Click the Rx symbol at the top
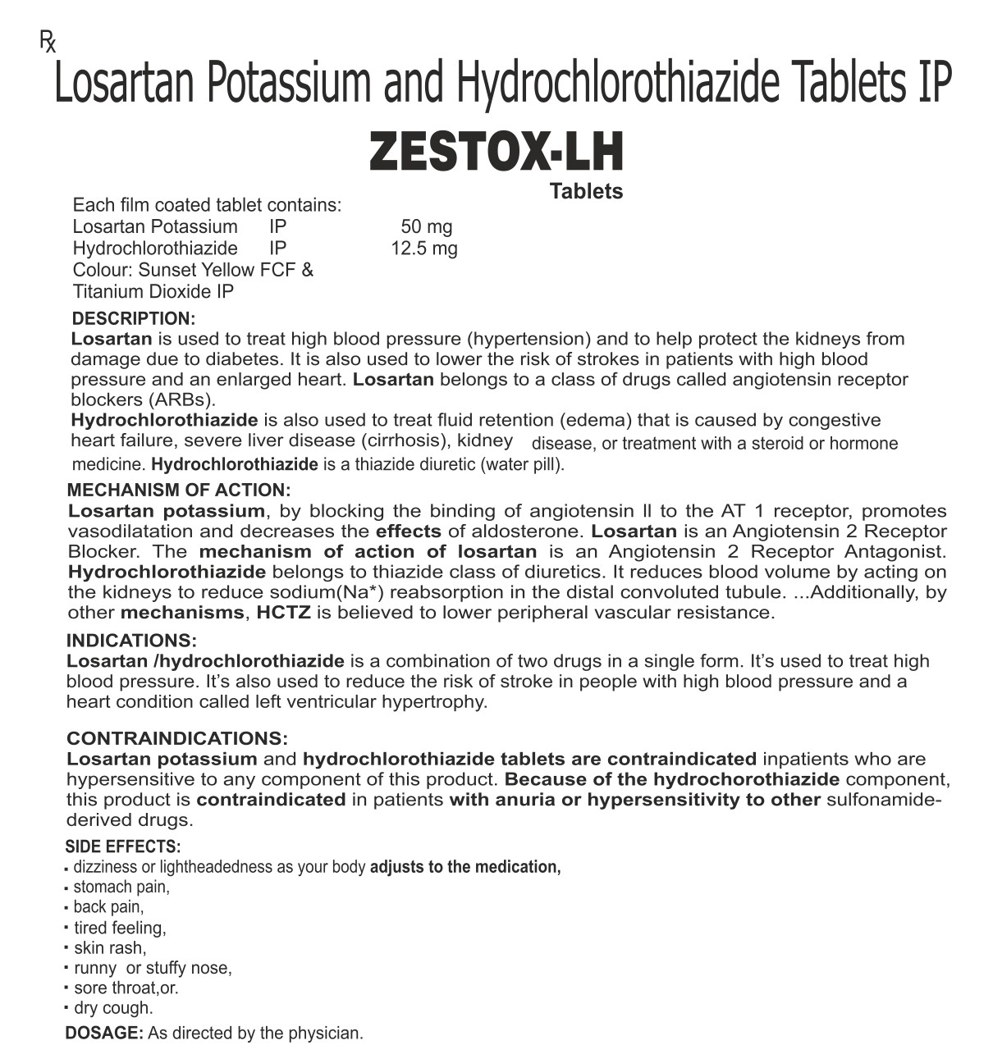pyautogui.click(x=48, y=41)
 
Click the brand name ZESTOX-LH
pyautogui.click(x=496, y=153)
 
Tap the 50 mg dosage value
pyautogui.click(x=426, y=226)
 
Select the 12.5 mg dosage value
pyautogui.click(x=423, y=248)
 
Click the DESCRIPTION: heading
pyautogui.click(x=134, y=318)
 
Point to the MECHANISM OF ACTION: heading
pyautogui.click(x=179, y=490)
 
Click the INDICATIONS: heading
pyautogui.click(x=131, y=641)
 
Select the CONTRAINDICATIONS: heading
pyautogui.click(x=177, y=738)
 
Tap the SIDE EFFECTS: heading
pyautogui.click(x=123, y=846)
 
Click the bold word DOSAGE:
pyautogui.click(x=104, y=1033)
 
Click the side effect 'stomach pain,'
pyautogui.click(x=121, y=887)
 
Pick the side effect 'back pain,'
pyautogui.click(x=108, y=906)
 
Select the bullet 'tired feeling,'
pyautogui.click(x=120, y=928)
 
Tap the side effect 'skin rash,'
pyautogui.click(x=110, y=948)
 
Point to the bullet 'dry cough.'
pyautogui.click(x=113, y=1008)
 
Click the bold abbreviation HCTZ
pyautogui.click(x=283, y=612)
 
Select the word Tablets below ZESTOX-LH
pyautogui.click(x=586, y=191)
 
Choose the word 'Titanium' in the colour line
pyautogui.click(x=108, y=291)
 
